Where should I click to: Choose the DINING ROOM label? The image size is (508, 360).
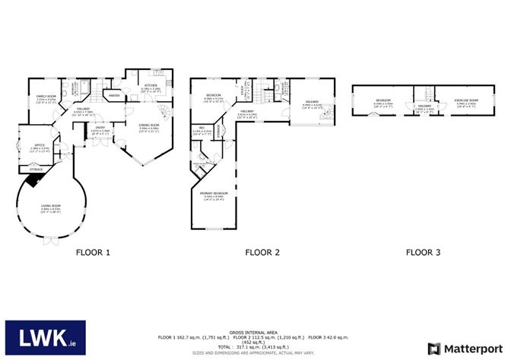point(149,126)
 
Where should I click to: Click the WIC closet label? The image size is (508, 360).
point(202,128)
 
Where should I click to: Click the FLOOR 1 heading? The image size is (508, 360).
point(93,251)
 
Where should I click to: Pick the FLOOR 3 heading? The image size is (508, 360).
point(424,251)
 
